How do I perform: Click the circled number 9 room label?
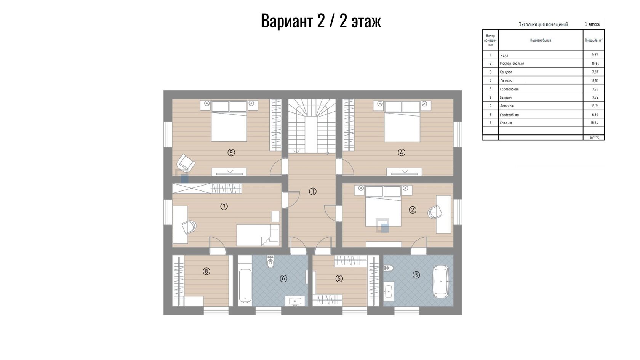point(231,152)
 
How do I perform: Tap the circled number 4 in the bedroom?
point(402,152)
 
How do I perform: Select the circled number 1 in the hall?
point(312,191)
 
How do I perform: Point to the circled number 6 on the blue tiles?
point(283,278)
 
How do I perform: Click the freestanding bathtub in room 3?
point(441,282)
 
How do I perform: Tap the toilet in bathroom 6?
point(270,262)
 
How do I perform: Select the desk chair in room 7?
point(189,227)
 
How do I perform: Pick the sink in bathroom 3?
point(389,291)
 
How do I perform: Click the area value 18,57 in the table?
point(595,81)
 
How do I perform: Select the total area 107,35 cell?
point(594,138)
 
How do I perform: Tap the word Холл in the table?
point(504,56)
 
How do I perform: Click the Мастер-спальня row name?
point(512,63)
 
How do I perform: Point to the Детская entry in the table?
point(507,106)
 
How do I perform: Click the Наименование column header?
point(541,40)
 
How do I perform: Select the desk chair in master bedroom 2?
point(435,212)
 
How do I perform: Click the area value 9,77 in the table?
point(595,55)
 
